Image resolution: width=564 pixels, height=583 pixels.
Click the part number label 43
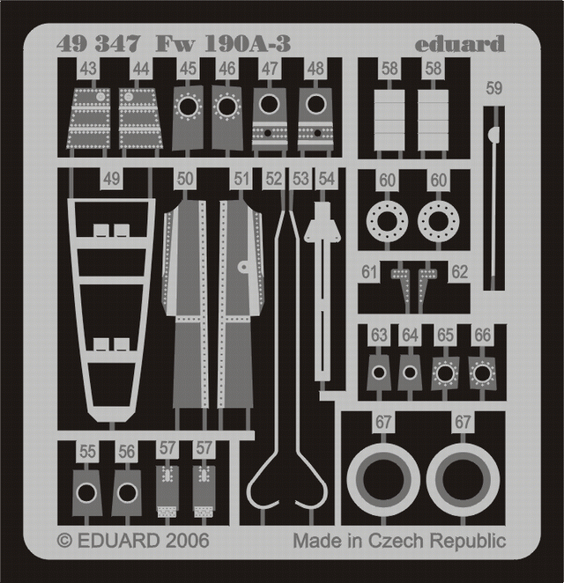point(88,69)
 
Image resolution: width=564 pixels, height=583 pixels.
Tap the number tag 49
point(112,179)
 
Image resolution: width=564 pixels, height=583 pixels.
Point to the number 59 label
point(494,88)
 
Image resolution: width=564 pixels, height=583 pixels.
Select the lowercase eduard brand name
point(460,44)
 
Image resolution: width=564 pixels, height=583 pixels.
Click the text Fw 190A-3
point(223,43)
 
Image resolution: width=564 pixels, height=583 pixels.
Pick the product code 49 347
point(98,43)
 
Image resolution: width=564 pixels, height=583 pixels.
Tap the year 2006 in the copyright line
point(187,540)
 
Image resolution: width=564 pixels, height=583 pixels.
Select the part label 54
point(326,179)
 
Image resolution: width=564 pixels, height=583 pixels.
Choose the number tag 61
point(369,272)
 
